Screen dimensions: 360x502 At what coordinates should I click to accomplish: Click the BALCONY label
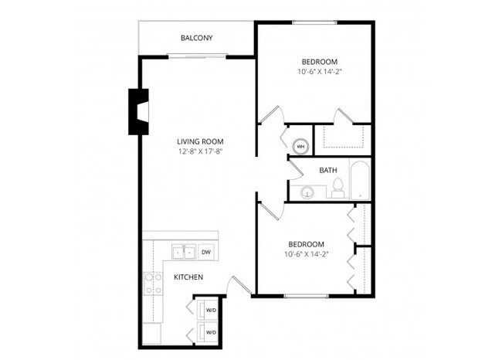pos(196,38)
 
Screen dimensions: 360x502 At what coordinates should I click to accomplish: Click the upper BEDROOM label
pos(319,61)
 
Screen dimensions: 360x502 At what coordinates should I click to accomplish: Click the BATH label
pos(327,170)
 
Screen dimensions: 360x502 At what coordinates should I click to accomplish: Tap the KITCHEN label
pos(188,277)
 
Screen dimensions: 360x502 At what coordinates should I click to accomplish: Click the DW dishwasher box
pos(206,252)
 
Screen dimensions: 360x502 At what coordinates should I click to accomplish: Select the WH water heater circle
pos(300,145)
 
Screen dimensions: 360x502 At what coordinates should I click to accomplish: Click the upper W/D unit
pos(209,311)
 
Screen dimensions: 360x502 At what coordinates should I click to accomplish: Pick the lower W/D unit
pos(209,332)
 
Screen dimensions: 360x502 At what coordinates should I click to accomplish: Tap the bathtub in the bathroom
pos(359,182)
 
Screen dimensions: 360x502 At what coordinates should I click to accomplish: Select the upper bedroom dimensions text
pos(319,72)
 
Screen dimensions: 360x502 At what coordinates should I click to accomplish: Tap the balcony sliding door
pos(197,55)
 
